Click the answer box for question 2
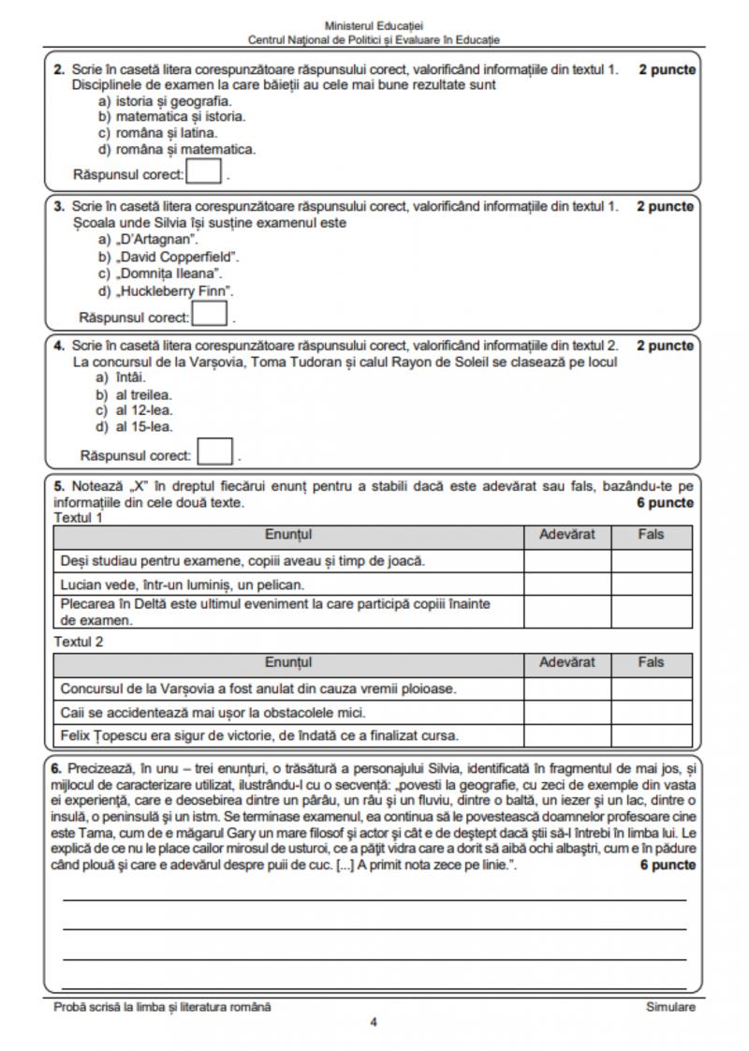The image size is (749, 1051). pos(205,172)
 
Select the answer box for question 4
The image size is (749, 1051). pos(215,452)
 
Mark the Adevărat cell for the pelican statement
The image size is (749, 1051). pos(567,584)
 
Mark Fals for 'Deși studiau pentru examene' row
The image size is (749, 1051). pos(651,560)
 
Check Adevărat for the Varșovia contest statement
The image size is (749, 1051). pos(567,688)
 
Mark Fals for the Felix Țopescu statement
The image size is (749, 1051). pos(651,734)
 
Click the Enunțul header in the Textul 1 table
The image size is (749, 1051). pos(288,535)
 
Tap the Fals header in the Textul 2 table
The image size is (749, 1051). pos(651,662)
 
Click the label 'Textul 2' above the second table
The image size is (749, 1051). pos(79,642)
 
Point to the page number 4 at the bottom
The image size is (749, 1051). pos(374,1022)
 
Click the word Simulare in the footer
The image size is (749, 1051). pos(670,1007)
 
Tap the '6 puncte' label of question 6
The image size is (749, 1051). pos(667,865)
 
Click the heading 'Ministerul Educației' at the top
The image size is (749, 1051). pos(374,26)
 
